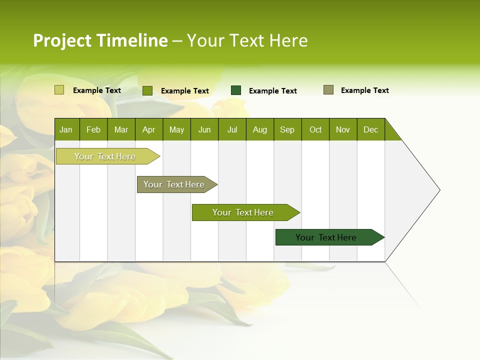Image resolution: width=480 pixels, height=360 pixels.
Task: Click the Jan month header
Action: [x=66, y=129]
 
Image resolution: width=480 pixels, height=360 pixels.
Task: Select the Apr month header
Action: [x=149, y=129]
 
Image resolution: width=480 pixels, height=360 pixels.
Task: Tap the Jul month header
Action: [x=232, y=129]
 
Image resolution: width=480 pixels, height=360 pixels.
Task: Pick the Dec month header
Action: [x=370, y=129]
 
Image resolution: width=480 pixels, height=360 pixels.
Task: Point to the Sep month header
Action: [x=287, y=129]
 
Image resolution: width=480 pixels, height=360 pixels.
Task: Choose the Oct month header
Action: [x=315, y=129]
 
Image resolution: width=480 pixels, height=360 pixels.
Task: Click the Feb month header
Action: [x=93, y=129]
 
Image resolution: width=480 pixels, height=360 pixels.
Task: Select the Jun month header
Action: [x=204, y=129]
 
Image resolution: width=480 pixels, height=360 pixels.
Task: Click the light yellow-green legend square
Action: [x=59, y=90]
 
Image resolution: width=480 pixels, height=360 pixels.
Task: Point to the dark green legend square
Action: [x=236, y=90]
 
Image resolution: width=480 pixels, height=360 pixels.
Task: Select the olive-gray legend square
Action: [x=328, y=90]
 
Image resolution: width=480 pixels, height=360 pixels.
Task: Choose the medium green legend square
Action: [x=147, y=90]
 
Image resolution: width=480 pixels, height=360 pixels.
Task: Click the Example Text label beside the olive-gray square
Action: [x=364, y=90]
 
